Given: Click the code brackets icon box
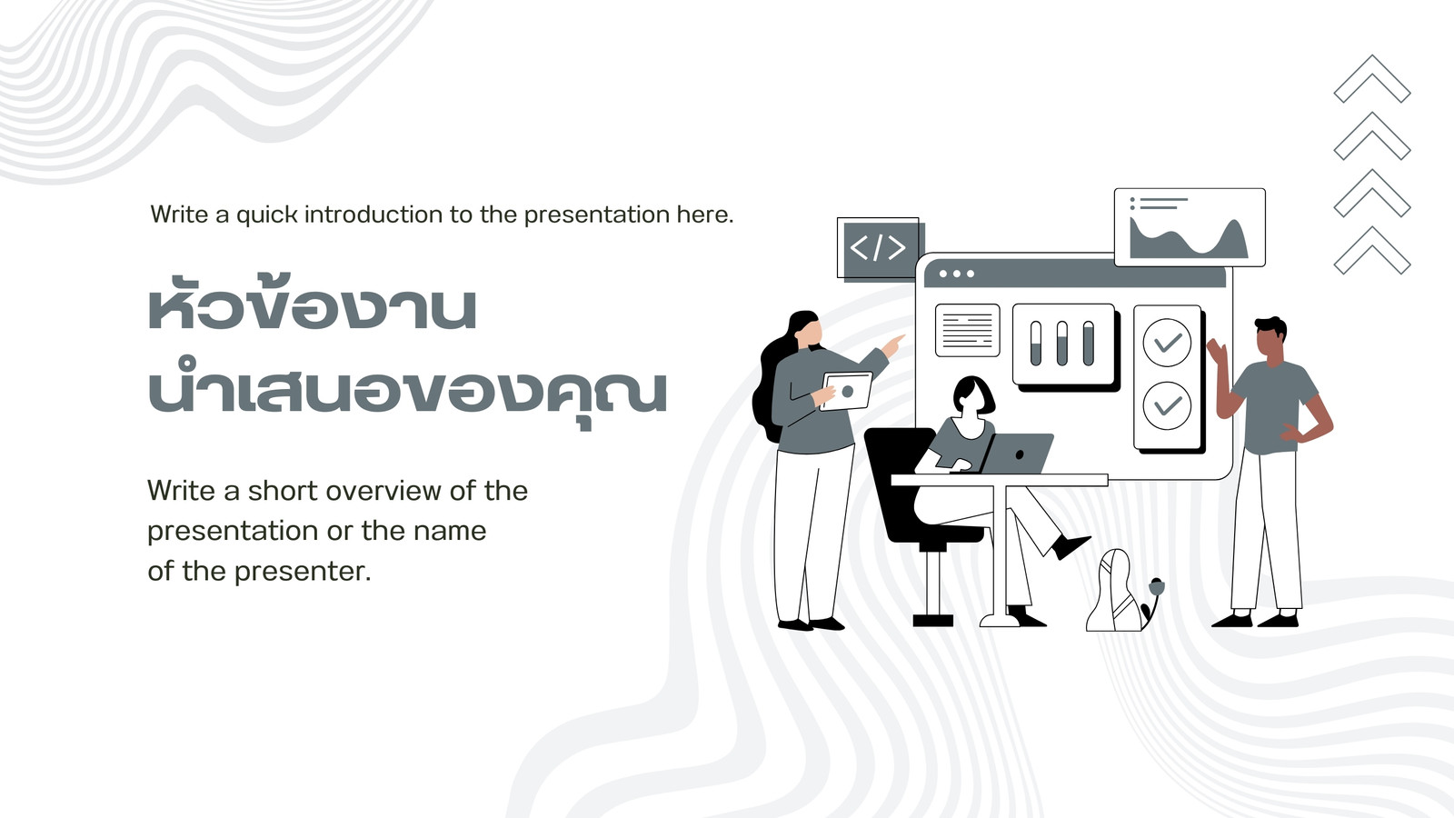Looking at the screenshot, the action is (x=879, y=247).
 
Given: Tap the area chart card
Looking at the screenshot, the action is (x=1190, y=227).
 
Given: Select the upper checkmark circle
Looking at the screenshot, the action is (x=1167, y=342).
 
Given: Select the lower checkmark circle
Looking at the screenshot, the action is (x=1167, y=405).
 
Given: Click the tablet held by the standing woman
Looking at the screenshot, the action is (x=846, y=391).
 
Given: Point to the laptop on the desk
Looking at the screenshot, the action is (x=1016, y=454).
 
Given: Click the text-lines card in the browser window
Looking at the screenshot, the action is (x=967, y=330).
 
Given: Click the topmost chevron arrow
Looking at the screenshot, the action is (x=1372, y=78).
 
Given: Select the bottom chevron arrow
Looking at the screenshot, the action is (x=1372, y=250).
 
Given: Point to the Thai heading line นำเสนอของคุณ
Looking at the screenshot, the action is (x=408, y=391).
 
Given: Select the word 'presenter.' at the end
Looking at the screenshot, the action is (x=303, y=572).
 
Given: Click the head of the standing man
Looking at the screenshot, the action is (x=1270, y=337).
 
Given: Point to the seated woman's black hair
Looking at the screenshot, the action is (x=972, y=394).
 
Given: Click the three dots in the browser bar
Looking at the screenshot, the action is (x=957, y=274).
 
